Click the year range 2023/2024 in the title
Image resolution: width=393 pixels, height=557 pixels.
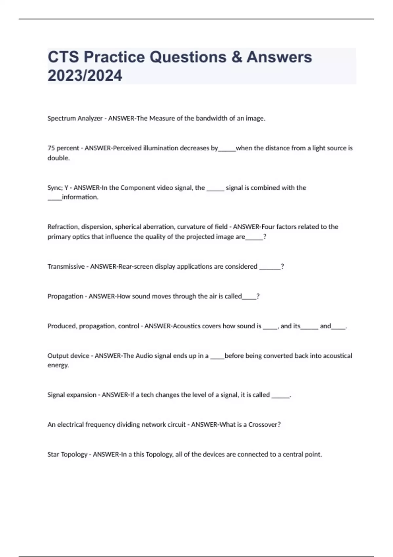pos(85,76)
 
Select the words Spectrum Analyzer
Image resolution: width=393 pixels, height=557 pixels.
pos(75,118)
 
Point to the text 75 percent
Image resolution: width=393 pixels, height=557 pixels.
pos(63,148)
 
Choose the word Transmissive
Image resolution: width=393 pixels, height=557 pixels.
pos(66,266)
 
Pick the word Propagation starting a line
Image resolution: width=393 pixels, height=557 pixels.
pos(65,296)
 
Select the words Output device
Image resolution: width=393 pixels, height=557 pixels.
pos(68,356)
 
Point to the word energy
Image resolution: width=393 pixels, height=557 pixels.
pos(58,365)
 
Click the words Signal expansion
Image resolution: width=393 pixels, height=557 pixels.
pos(72,395)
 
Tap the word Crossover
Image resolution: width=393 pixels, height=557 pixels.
pos(264,425)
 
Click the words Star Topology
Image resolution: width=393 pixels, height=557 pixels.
pos(67,454)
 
